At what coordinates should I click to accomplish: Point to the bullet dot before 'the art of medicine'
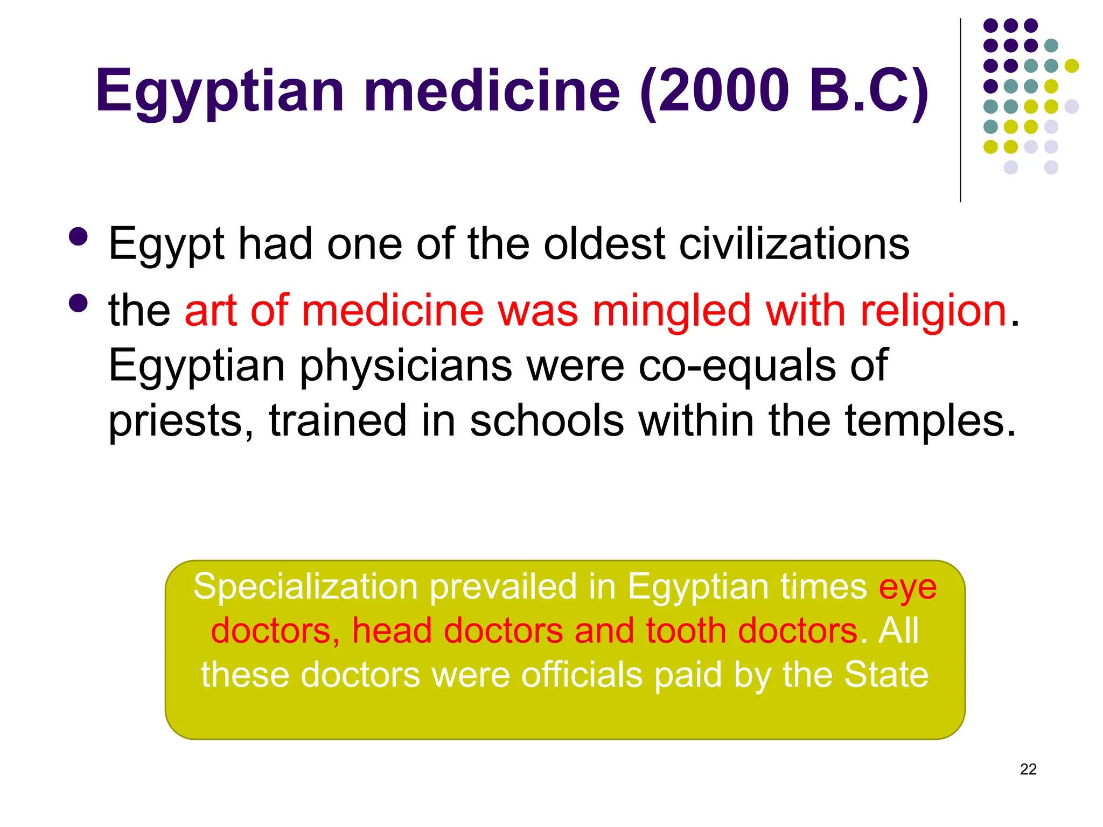pos(79,303)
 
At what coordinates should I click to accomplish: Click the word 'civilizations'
pos(794,244)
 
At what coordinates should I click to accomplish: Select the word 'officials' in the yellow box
pos(582,675)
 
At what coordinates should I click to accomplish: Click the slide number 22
pos(1028,769)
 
